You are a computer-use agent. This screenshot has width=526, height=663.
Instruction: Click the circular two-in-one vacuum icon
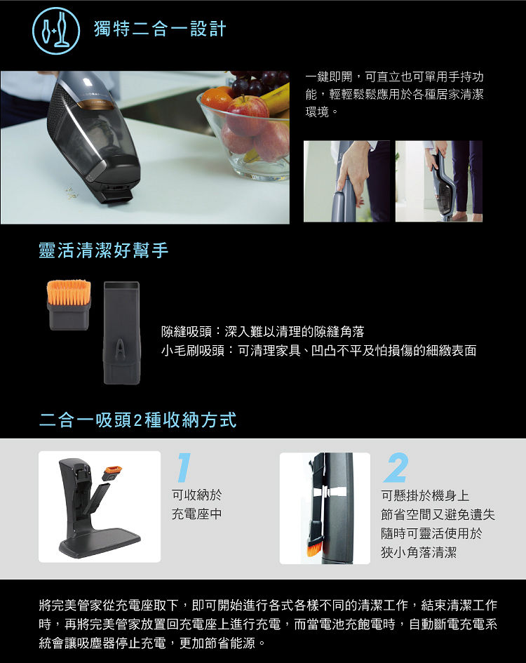[56, 30]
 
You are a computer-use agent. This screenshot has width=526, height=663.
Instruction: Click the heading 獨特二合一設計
[160, 29]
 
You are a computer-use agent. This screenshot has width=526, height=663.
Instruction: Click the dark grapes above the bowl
[259, 83]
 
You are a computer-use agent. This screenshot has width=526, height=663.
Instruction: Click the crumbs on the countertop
[72, 193]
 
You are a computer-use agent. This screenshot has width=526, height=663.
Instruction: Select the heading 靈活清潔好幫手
[104, 250]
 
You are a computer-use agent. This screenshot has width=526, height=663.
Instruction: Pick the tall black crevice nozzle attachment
[121, 333]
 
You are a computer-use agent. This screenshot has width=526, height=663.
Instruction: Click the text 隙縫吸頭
[186, 331]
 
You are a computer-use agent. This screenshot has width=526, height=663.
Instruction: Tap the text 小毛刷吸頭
[192, 351]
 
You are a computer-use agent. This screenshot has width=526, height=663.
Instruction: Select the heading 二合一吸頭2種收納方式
[137, 420]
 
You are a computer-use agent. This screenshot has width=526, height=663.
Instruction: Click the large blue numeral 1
[184, 467]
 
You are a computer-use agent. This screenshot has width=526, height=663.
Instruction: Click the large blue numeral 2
[396, 467]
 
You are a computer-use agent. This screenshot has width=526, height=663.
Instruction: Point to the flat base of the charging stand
[100, 542]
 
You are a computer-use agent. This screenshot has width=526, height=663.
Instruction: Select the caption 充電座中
[196, 514]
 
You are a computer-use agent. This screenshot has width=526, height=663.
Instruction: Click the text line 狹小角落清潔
[419, 552]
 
